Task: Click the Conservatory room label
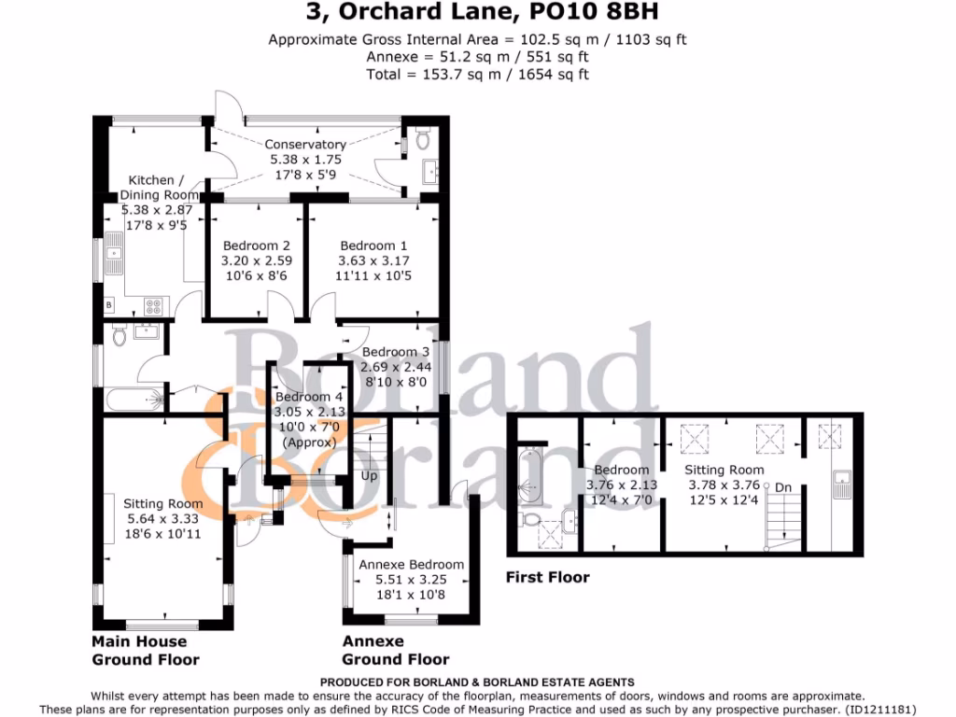pyautogui.click(x=305, y=145)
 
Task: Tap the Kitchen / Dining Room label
pyautogui.click(x=163, y=188)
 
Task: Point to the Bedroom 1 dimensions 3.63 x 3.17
pyautogui.click(x=374, y=260)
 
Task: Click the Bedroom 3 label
pyautogui.click(x=396, y=352)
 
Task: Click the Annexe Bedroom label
pyautogui.click(x=411, y=565)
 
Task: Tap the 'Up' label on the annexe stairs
pyautogui.click(x=370, y=475)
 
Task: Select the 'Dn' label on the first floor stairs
pyautogui.click(x=784, y=486)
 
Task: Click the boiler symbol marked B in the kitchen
pyautogui.click(x=109, y=305)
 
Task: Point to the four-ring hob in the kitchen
pyautogui.click(x=154, y=304)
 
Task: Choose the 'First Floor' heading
pyautogui.click(x=547, y=577)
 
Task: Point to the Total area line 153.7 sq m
pyautogui.click(x=477, y=74)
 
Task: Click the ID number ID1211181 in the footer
pyautogui.click(x=882, y=709)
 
